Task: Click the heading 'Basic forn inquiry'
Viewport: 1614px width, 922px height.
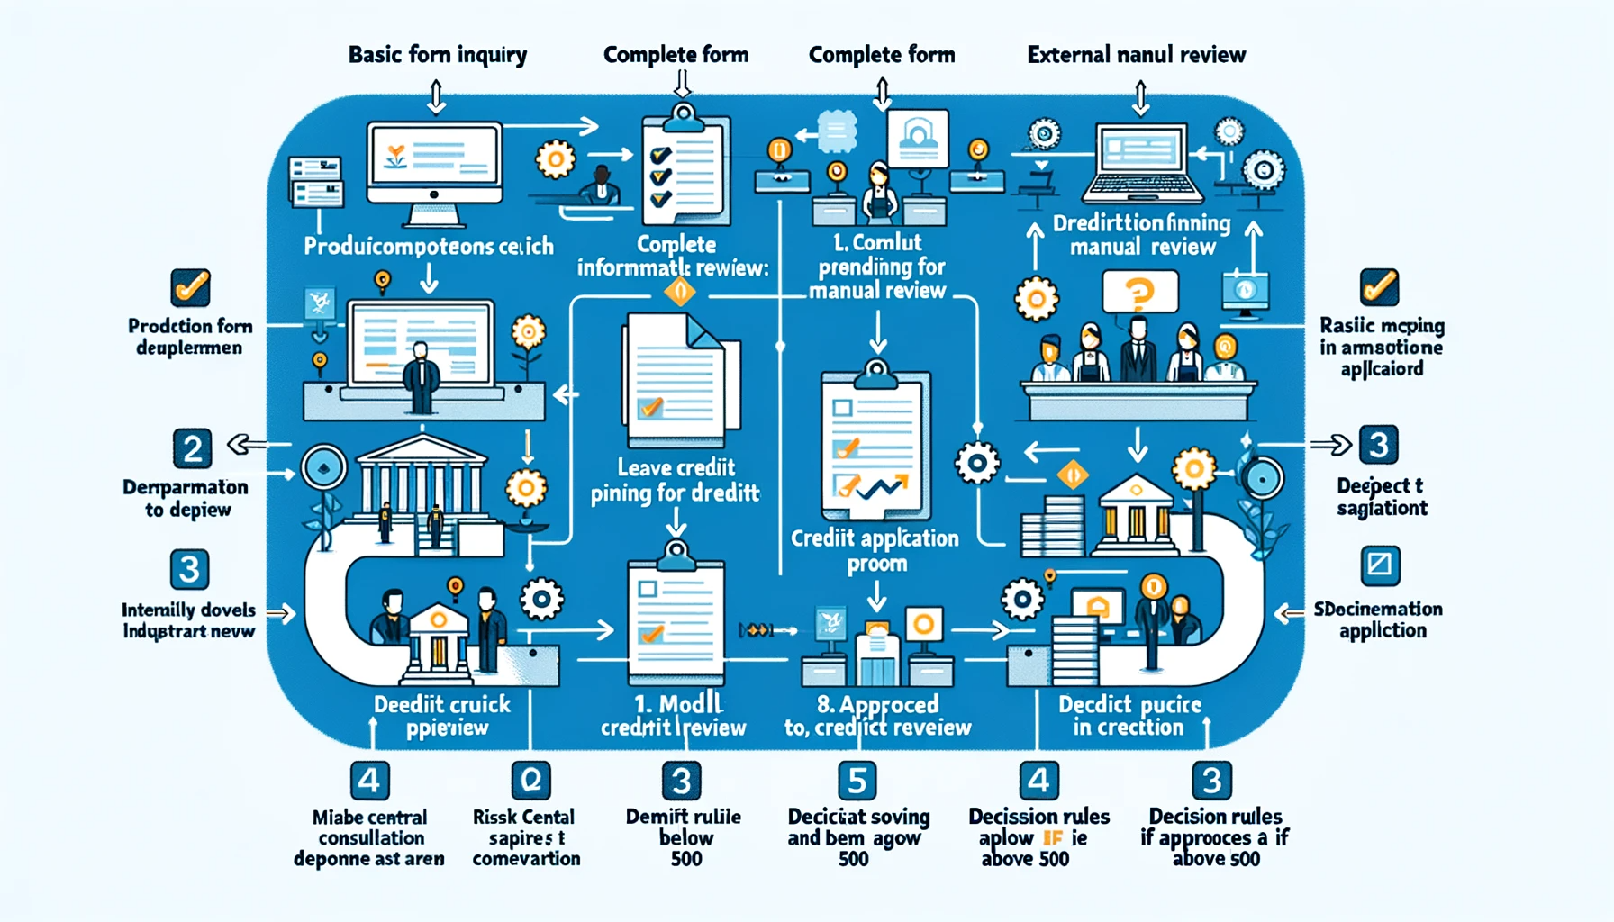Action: pyautogui.click(x=438, y=55)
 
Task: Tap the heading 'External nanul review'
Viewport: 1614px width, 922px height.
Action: pyautogui.click(x=1136, y=55)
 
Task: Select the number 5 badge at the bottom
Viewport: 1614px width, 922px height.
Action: pyautogui.click(x=857, y=780)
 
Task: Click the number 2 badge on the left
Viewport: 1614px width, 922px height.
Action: pyautogui.click(x=192, y=448)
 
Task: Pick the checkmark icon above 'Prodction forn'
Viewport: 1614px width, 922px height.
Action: pyautogui.click(x=190, y=288)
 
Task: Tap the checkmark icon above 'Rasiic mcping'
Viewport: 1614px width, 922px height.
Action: pyautogui.click(x=1379, y=287)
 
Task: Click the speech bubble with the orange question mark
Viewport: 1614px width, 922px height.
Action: pyautogui.click(x=1139, y=292)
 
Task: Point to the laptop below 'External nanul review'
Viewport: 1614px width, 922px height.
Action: pyautogui.click(x=1142, y=164)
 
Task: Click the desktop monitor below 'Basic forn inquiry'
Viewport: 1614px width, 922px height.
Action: pyautogui.click(x=434, y=171)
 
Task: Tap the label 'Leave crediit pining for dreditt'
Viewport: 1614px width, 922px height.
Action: pyautogui.click(x=676, y=480)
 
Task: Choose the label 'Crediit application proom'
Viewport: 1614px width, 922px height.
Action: pyautogui.click(x=875, y=550)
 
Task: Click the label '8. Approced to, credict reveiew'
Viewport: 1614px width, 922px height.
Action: pyautogui.click(x=877, y=716)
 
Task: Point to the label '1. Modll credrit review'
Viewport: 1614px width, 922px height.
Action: pyautogui.click(x=674, y=716)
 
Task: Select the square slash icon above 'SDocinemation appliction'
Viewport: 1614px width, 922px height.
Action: pyautogui.click(x=1380, y=565)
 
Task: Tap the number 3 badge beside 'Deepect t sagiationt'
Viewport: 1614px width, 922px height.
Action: pyautogui.click(x=1378, y=445)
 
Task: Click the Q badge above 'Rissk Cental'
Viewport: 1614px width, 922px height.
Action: pyautogui.click(x=530, y=780)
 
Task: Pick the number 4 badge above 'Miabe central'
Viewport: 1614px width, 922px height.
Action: pyautogui.click(x=369, y=780)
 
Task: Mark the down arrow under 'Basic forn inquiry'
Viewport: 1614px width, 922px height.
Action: pyautogui.click(x=436, y=97)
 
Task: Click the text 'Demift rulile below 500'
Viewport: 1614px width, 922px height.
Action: pyautogui.click(x=684, y=837)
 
